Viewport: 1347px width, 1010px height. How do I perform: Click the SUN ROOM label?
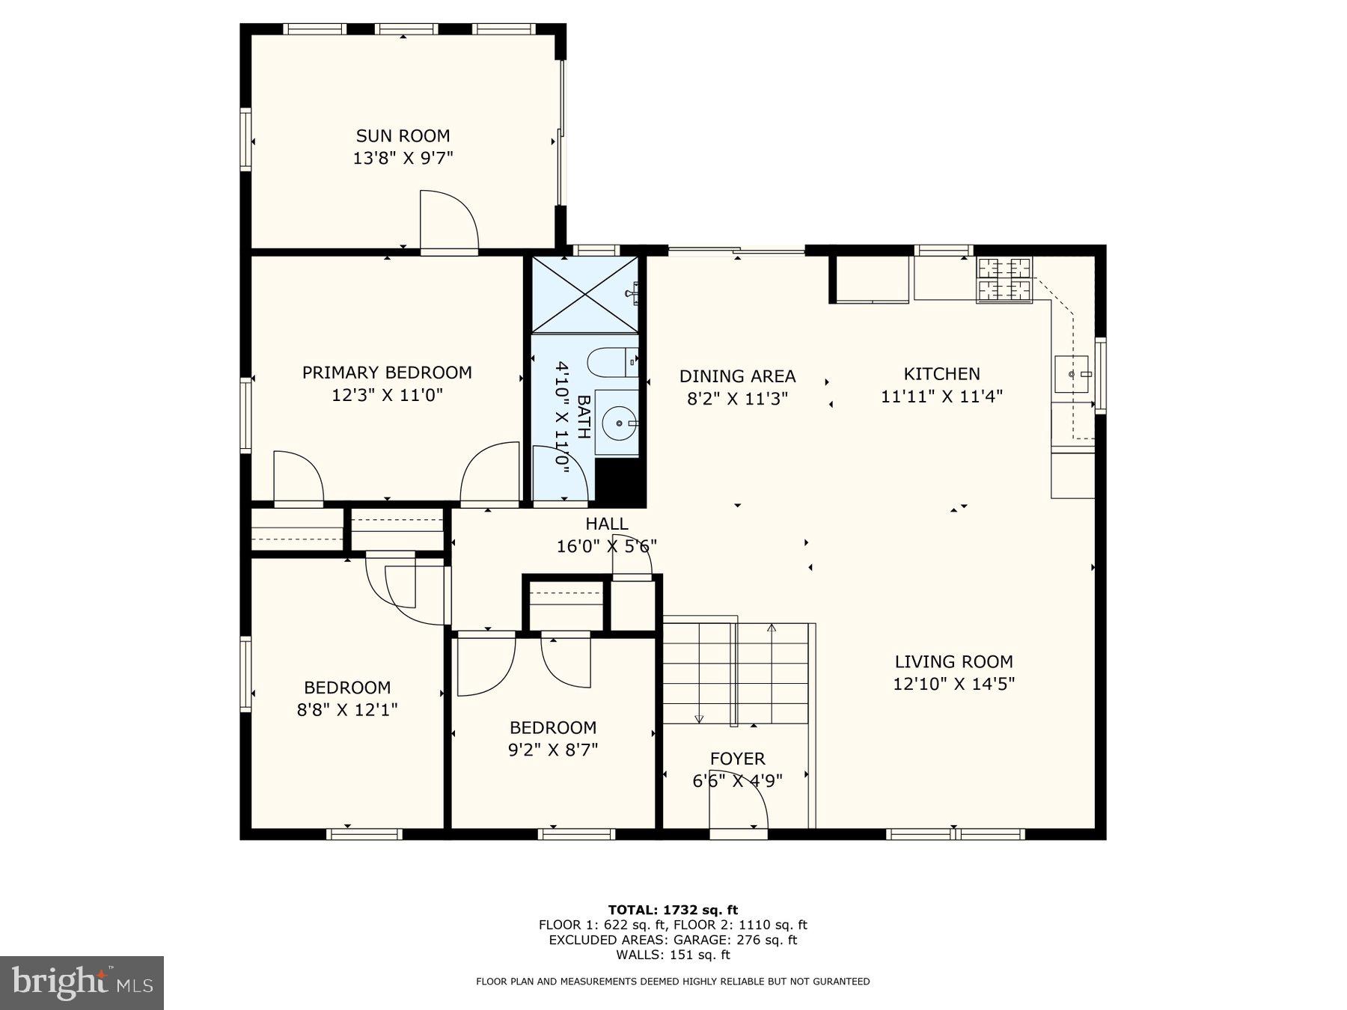403,136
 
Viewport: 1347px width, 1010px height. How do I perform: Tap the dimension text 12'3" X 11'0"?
387,395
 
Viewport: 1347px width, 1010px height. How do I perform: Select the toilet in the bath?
611,364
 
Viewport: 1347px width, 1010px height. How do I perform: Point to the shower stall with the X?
584,295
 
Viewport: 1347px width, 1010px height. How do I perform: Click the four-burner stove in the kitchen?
1004,280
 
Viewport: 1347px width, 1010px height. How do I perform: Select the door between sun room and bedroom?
448,222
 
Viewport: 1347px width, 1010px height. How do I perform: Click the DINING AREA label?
737,376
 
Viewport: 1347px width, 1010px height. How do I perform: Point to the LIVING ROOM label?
953,662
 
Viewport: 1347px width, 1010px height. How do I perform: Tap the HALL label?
606,524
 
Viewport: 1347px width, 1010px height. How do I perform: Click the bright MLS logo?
82,982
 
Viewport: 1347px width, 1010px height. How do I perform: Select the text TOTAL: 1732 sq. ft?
673,910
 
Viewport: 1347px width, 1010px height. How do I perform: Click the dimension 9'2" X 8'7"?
553,750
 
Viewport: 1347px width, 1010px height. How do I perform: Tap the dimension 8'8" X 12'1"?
346,709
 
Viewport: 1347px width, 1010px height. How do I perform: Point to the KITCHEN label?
941,374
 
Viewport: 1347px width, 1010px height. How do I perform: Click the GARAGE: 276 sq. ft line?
673,940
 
